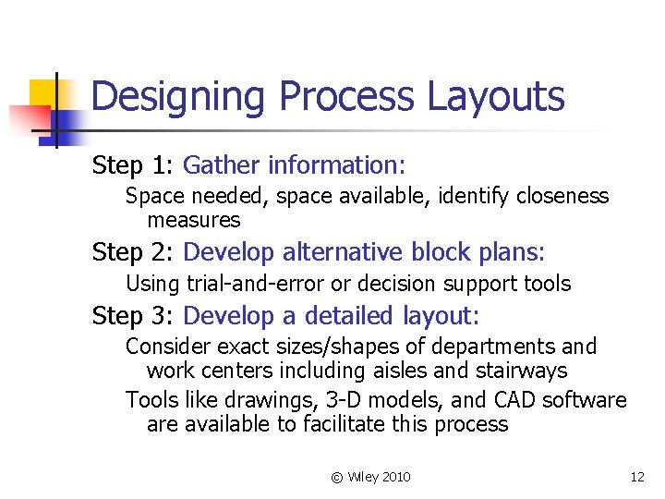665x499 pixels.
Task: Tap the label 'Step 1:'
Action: pyautogui.click(x=133, y=166)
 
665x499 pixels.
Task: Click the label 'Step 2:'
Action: pyautogui.click(x=133, y=252)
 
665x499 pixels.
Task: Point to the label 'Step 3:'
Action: pyautogui.click(x=133, y=317)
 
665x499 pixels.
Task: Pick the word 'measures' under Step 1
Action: pyautogui.click(x=193, y=220)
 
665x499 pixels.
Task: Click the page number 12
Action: pyautogui.click(x=636, y=477)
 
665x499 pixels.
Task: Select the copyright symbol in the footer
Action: pyautogui.click(x=336, y=477)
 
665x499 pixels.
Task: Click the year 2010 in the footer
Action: pyautogui.click(x=394, y=477)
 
